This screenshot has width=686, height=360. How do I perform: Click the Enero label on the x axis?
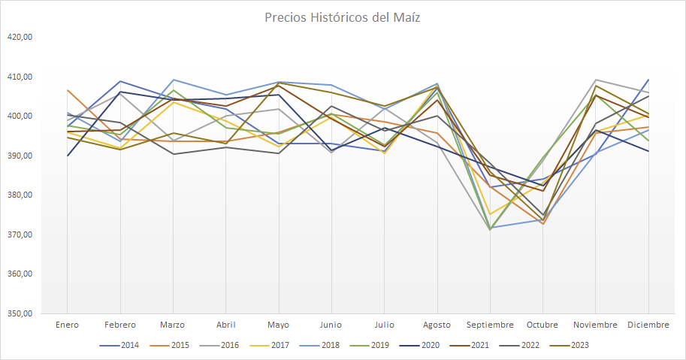click(68, 325)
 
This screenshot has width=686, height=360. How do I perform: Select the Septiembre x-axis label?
click(490, 325)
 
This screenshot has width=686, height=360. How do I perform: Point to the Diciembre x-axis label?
click(648, 325)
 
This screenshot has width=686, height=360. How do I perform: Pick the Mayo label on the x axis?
click(279, 325)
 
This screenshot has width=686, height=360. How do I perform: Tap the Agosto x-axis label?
click(437, 325)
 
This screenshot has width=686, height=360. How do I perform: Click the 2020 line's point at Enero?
click(68, 156)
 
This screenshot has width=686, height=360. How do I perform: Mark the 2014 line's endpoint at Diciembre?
click(648, 80)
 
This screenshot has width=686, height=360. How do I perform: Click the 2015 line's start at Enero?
click(68, 90)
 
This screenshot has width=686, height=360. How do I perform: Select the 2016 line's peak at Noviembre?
click(596, 80)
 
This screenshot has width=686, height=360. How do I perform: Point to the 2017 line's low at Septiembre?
click(490, 215)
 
